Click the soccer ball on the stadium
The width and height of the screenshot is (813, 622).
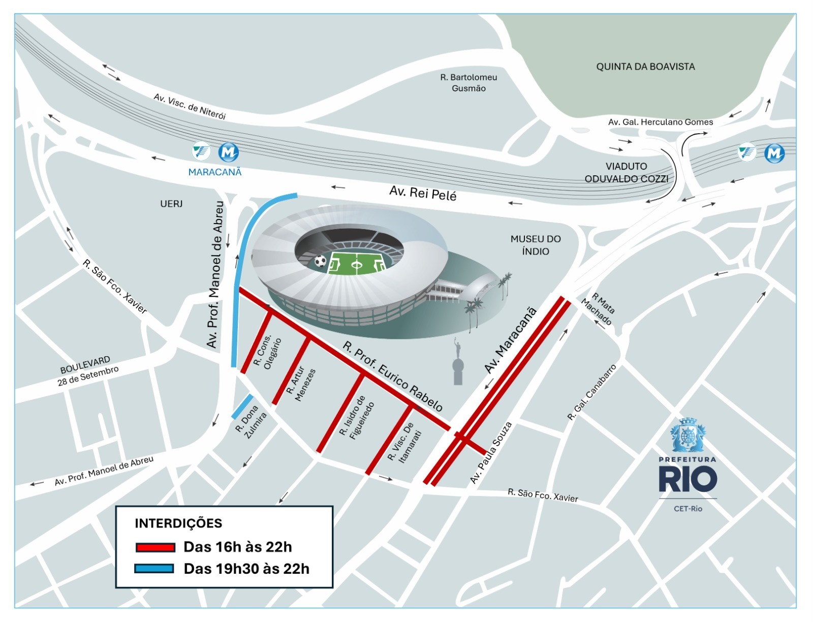pyautogui.click(x=320, y=261)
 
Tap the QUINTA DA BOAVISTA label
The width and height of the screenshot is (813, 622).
pyautogui.click(x=645, y=67)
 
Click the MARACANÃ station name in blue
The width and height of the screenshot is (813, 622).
pyautogui.click(x=215, y=172)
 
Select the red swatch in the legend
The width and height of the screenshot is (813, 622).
pyautogui.click(x=155, y=547)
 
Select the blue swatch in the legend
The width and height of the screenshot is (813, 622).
pyautogui.click(x=154, y=569)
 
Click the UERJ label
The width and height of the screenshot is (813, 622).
pyautogui.click(x=171, y=204)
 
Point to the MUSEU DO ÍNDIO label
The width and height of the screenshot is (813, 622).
pyautogui.click(x=536, y=245)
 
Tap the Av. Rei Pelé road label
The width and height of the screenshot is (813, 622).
pyautogui.click(x=423, y=193)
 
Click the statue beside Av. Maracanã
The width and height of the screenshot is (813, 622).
pyautogui.click(x=458, y=363)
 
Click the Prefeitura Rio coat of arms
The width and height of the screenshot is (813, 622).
pyautogui.click(x=687, y=436)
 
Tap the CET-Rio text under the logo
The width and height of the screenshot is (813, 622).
pyautogui.click(x=688, y=509)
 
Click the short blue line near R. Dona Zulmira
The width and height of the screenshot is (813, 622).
pyautogui.click(x=242, y=407)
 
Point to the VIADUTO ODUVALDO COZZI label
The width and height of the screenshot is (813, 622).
pyautogui.click(x=626, y=173)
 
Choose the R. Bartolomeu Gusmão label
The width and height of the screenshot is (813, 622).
pyautogui.click(x=468, y=83)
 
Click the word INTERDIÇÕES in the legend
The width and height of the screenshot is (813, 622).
pyautogui.click(x=178, y=523)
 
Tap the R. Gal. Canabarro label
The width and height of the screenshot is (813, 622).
pyautogui.click(x=591, y=393)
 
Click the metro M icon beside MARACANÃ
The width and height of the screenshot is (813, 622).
pyautogui.click(x=228, y=152)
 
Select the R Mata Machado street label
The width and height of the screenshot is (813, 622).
pyautogui.click(x=600, y=309)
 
